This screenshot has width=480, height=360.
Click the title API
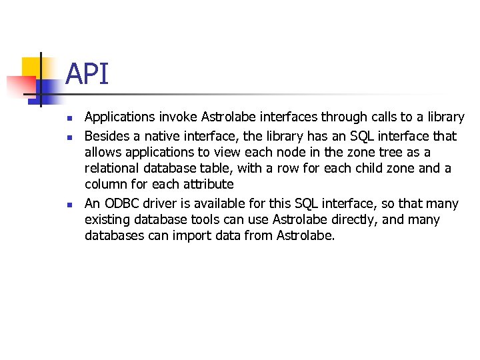tap(87, 74)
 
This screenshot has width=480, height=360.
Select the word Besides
tap(105, 136)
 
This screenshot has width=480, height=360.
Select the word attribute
tap(207, 184)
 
